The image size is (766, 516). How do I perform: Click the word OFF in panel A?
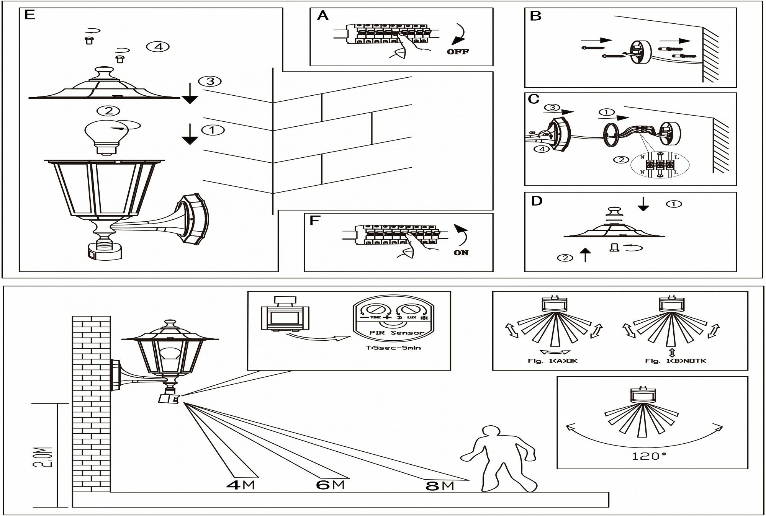pos(458,51)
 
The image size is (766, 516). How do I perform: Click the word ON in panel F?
pos(461,253)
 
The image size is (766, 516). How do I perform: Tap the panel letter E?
pos(29,15)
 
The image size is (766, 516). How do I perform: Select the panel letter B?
pos(535,16)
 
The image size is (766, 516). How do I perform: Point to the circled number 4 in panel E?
pos(158,47)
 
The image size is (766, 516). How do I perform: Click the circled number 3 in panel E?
pos(210,81)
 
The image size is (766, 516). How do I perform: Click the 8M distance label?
pos(439,486)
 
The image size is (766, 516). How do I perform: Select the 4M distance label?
pos(240,485)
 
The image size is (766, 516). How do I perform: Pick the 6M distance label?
pos(330,485)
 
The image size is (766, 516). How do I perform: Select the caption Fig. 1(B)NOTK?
pos(676,361)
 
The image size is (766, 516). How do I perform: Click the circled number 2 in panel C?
pos(621,160)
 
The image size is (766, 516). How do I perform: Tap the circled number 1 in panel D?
pos(674,204)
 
